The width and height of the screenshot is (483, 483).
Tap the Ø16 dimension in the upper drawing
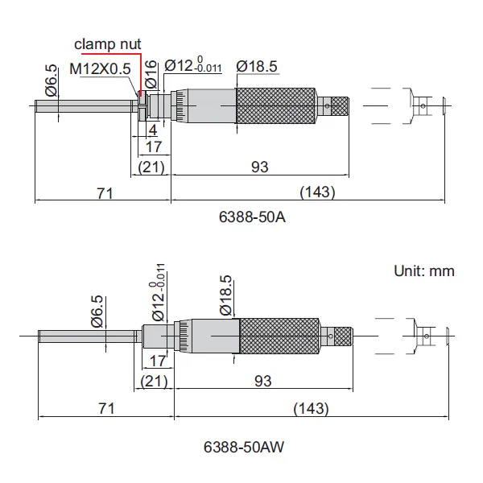(151, 79)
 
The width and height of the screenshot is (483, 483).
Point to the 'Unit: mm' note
(423, 270)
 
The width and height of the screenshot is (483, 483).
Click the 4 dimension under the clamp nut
(152, 129)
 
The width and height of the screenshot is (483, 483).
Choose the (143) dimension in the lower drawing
(312, 408)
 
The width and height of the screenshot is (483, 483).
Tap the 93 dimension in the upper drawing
(259, 167)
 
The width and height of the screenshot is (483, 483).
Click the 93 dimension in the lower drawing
(262, 381)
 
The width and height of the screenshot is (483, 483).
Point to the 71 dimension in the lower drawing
(105, 408)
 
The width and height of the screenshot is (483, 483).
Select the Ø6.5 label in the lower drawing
(97, 311)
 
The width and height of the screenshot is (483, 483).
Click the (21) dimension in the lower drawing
(154, 381)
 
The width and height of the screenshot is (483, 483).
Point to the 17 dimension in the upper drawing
(153, 147)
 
